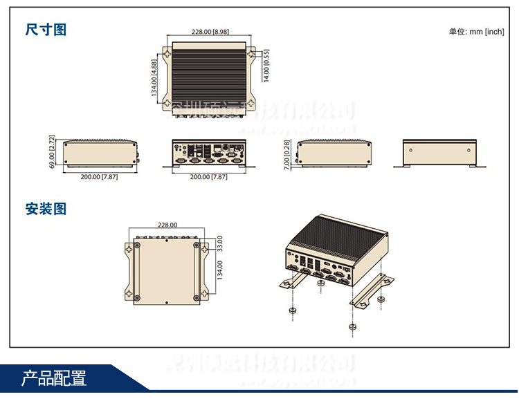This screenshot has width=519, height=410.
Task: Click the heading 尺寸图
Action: pos(46,30)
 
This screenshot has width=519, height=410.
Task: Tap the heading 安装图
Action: pos(46,208)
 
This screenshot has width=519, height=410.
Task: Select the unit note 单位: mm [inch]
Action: pos(476,31)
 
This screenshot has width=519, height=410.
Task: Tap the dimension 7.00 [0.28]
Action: pos(288,153)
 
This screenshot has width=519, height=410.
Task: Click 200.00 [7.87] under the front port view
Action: pos(208,177)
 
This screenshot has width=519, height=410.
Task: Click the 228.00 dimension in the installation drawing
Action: pos(167,225)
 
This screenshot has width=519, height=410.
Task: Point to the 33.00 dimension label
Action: pos(219,243)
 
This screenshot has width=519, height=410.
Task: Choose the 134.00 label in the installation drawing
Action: pos(219,270)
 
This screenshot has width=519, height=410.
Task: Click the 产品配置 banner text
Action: pos(54,379)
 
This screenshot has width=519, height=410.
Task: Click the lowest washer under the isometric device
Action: pos(352,326)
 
